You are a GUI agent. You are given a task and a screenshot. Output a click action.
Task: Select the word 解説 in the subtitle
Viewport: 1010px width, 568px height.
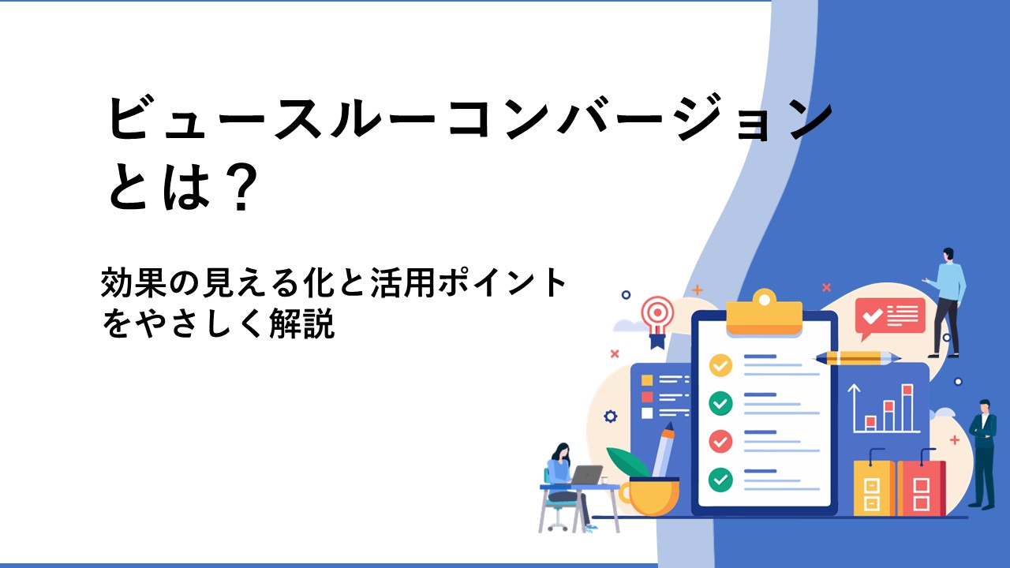[x=301, y=323]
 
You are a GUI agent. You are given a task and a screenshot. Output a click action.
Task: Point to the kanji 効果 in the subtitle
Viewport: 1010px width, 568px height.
[x=133, y=282]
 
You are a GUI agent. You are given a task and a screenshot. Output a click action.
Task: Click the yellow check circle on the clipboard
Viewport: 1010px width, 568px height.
[x=720, y=365]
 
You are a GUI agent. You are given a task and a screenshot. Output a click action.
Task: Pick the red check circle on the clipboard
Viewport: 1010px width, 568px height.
[x=720, y=441]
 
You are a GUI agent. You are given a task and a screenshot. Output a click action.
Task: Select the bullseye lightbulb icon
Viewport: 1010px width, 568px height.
[x=658, y=321]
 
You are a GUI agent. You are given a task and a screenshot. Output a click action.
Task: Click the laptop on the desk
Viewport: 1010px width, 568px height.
[x=586, y=475]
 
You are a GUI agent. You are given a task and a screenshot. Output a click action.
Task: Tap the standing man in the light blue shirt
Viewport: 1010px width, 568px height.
[x=946, y=303]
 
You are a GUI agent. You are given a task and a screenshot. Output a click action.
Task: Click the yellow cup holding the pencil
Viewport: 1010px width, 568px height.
[x=649, y=497]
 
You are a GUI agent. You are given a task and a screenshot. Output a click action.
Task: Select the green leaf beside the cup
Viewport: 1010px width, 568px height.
[x=627, y=462]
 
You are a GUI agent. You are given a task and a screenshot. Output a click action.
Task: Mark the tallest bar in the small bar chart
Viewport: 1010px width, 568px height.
[x=907, y=408]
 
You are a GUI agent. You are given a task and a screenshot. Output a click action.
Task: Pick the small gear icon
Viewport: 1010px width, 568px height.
[x=611, y=416]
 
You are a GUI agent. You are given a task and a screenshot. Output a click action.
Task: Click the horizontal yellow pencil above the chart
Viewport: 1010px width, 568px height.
[x=857, y=358]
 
